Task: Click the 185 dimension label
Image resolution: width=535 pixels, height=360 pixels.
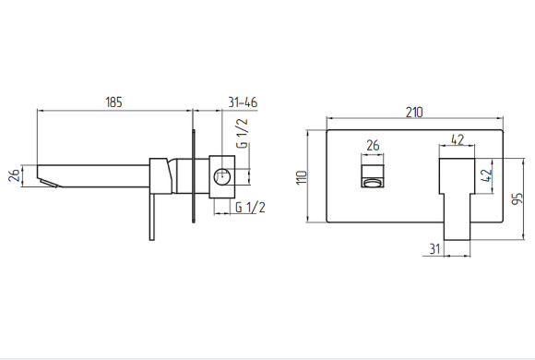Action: pyautogui.click(x=113, y=102)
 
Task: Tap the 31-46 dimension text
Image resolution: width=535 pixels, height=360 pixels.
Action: pyautogui.click(x=243, y=102)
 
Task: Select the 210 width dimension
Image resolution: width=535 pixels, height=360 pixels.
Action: pyautogui.click(x=414, y=113)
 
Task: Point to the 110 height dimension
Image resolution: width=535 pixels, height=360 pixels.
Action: pyautogui.click(x=302, y=177)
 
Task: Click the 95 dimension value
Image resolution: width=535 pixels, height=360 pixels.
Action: pyautogui.click(x=517, y=198)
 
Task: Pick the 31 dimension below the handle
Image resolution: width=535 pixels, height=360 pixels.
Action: pyautogui.click(x=434, y=248)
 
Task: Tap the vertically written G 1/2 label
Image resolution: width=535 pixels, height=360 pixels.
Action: pyautogui.click(x=243, y=133)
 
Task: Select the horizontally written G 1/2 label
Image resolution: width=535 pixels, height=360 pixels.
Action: pyautogui.click(x=250, y=207)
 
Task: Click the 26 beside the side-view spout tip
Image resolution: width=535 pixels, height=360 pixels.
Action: pyautogui.click(x=15, y=175)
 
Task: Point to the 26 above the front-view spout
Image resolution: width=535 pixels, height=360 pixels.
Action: pyautogui.click(x=373, y=146)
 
